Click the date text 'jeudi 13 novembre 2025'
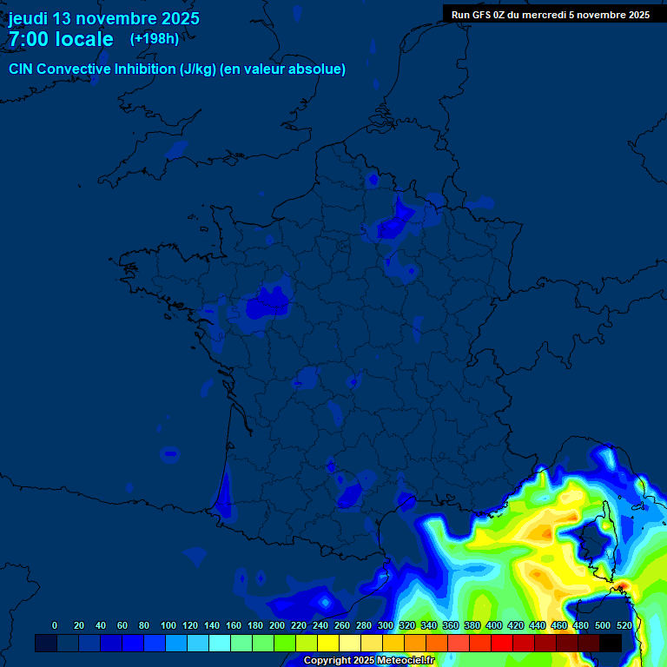pyautogui.click(x=104, y=18)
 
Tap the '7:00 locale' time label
pyautogui.click(x=61, y=39)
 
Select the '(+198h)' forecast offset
pyautogui.click(x=155, y=38)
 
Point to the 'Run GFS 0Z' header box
pyautogui.click(x=551, y=14)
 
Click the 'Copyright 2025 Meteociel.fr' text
pyautogui.click(x=368, y=660)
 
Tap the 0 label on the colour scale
pyautogui.click(x=55, y=625)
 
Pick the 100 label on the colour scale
pyautogui.click(x=168, y=625)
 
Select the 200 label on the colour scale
pyautogui.click(x=277, y=625)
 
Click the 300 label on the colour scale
pyautogui.click(x=386, y=625)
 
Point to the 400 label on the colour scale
pyautogui.click(x=494, y=625)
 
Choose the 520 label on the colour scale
pyautogui.click(x=624, y=625)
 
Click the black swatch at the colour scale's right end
pyautogui.click(x=611, y=643)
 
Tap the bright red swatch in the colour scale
pyautogui.click(x=502, y=643)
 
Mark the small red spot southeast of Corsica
pyautogui.click(x=620, y=589)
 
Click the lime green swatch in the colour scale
pyautogui.click(x=285, y=643)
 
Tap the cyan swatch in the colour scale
pyautogui.click(x=220, y=643)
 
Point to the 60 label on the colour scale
pyautogui.click(x=122, y=625)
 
